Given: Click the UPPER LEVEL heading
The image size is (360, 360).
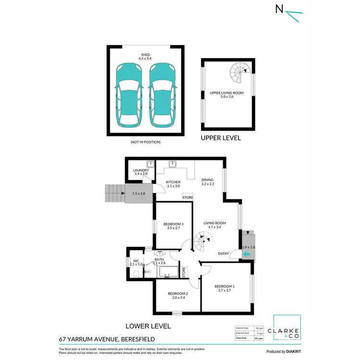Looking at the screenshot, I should pos(221,138).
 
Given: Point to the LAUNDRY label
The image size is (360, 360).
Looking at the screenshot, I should pos(141,170).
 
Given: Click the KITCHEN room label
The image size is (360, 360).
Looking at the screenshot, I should pos(173,182).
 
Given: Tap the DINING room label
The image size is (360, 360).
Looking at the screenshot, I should pos(208,180).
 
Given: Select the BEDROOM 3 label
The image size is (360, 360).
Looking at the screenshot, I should pos(173,224).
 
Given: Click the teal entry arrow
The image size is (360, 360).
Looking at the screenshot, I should pos(247,254).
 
